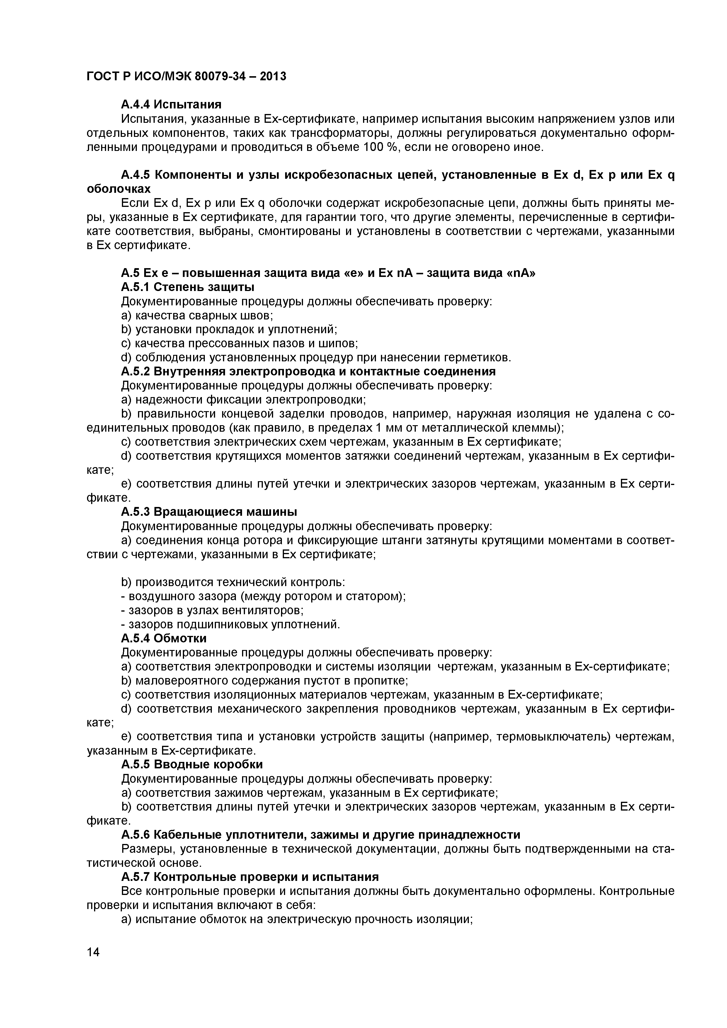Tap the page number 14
pyautogui.click(x=93, y=964)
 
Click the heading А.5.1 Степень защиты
pyautogui.click(x=188, y=287)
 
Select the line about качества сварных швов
pyautogui.click(x=197, y=315)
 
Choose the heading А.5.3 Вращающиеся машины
pyautogui.click(x=209, y=512)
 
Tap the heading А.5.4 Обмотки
pyautogui.click(x=164, y=638)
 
